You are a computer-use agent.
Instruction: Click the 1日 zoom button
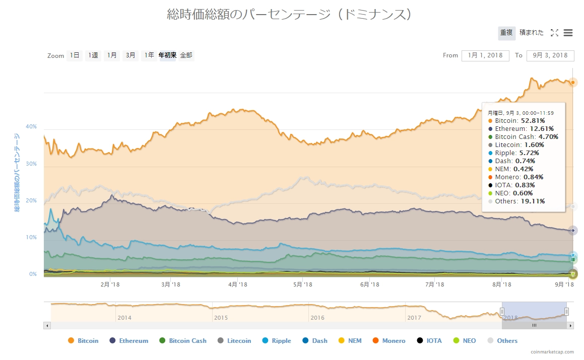[75, 55]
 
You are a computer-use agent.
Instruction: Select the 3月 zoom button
[131, 55]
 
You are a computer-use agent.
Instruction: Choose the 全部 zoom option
[186, 55]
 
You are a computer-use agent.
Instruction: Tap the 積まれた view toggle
[532, 33]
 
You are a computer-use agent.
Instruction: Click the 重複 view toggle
[506, 33]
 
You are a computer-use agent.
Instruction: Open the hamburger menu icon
[568, 33]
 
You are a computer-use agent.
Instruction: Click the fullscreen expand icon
[554, 33]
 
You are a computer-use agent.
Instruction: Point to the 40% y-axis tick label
[31, 126]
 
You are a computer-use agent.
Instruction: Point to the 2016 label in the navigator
[317, 318]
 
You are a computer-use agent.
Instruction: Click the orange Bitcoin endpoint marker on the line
[572, 82]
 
